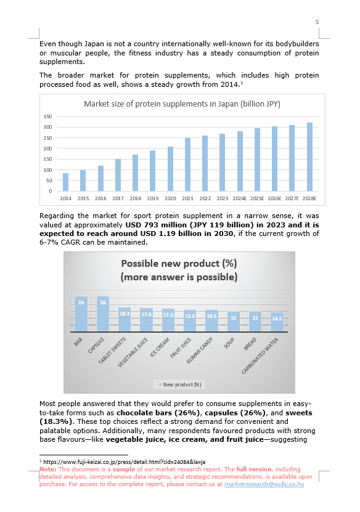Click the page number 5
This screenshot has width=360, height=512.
[317, 22]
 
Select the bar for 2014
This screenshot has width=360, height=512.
[66, 182]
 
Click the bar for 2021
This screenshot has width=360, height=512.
[187, 165]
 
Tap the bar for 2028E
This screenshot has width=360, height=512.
[309, 157]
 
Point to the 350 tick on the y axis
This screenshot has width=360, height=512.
[47, 116]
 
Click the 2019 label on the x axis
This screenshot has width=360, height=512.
[153, 198]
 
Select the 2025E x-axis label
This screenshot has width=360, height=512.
[257, 198]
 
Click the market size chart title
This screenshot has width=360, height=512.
[182, 104]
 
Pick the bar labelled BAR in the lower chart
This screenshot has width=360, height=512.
[81, 314]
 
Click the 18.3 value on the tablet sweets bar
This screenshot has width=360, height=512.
[125, 314]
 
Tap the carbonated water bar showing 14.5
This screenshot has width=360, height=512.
[277, 322]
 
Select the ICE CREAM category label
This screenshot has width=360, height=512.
[160, 347]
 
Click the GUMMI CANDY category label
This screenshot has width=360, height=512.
[200, 351]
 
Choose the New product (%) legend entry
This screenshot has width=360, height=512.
[180, 384]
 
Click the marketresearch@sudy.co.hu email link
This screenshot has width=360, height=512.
[264, 484]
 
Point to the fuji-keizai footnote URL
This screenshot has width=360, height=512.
[124, 462]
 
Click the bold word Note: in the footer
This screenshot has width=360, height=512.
[48, 469]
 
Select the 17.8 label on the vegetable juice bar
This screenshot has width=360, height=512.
[146, 314]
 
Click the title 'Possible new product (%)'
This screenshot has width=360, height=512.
[179, 264]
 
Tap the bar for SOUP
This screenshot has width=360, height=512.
[234, 322]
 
